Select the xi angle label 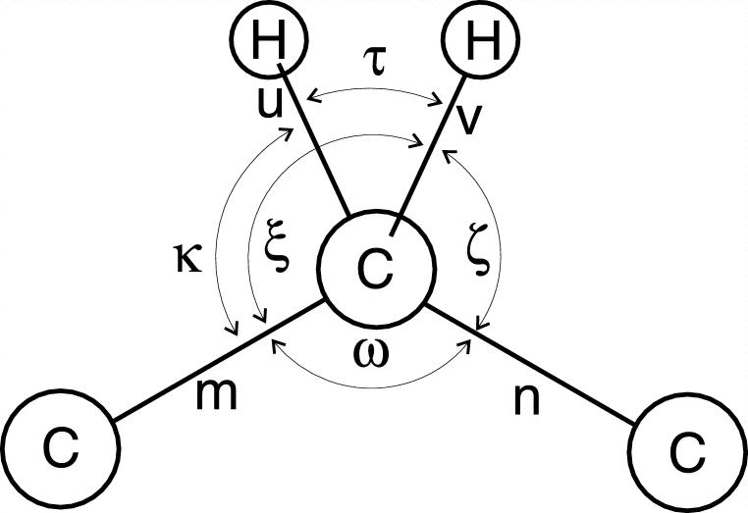pos(278,253)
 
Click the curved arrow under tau pos(374,86)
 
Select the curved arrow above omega pos(374,330)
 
